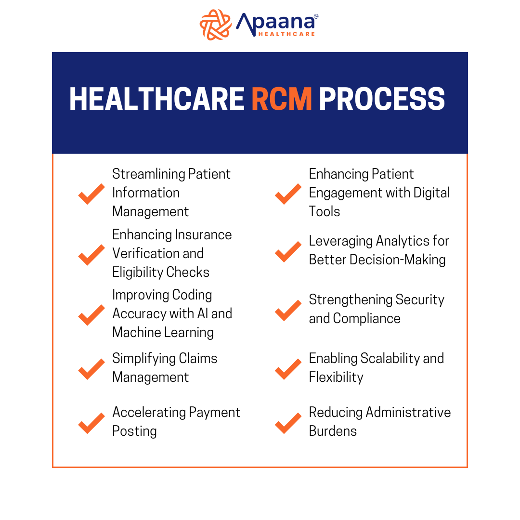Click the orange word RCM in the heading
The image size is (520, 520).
coord(282,100)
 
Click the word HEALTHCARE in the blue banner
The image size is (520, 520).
coord(156,100)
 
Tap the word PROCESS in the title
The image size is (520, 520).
coord(382,100)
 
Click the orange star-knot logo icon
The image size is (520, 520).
coord(216,24)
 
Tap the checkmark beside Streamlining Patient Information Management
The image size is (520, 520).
coord(91,194)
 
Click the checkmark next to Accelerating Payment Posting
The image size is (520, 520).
coord(91,423)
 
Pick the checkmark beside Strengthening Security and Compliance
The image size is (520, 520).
coord(288,310)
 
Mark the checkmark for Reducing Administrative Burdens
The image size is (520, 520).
coord(288,423)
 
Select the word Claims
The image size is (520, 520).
coord(198,358)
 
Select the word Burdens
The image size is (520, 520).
coord(333,431)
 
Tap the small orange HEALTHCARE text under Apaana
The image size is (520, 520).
coord(286,34)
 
